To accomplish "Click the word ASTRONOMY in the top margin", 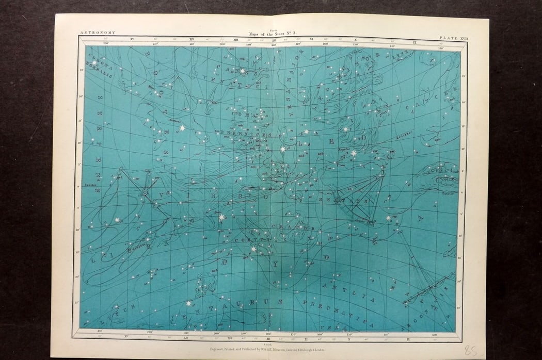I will (x=98, y=32).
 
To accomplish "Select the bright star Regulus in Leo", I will (x=354, y=153).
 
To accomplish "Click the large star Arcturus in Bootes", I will (x=182, y=127).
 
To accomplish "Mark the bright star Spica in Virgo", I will (x=222, y=217).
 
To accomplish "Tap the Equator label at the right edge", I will (x=448, y=194).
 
